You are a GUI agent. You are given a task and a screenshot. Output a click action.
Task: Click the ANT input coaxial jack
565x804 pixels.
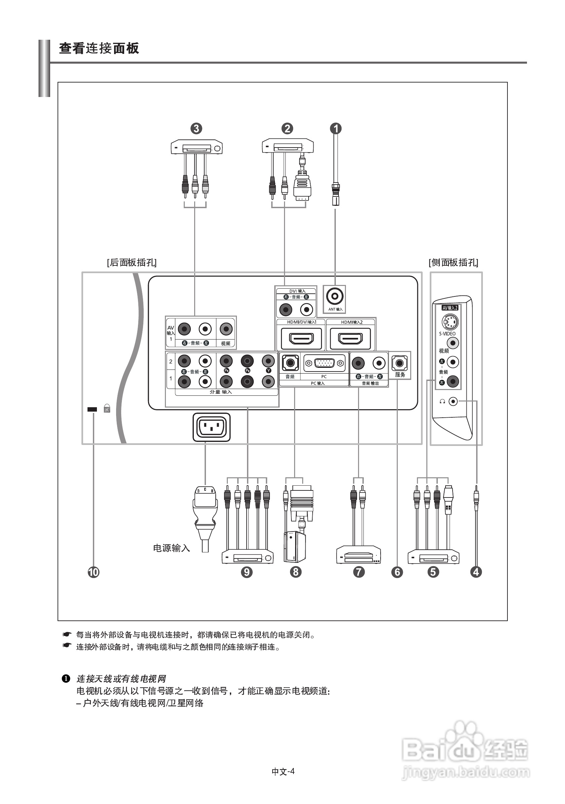(334, 297)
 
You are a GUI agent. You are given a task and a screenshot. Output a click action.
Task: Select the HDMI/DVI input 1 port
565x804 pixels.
(301, 339)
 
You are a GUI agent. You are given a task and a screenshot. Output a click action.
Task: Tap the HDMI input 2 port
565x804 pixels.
(350, 339)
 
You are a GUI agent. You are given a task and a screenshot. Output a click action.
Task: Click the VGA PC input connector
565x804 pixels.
(324, 363)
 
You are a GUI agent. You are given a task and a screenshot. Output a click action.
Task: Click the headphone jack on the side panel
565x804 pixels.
(453, 401)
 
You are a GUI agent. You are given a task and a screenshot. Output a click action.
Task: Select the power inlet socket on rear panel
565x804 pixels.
(211, 427)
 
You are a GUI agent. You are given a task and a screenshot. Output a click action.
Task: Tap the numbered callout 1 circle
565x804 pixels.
(336, 129)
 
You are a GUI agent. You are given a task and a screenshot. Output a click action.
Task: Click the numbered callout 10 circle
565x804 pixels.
(94, 572)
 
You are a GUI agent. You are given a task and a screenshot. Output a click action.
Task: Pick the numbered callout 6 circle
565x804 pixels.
(397, 572)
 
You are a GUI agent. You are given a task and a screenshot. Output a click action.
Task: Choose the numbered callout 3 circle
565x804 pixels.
(196, 129)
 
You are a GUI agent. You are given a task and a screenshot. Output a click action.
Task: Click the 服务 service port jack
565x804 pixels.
(399, 363)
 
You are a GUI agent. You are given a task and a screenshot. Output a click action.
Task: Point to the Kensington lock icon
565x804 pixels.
(107, 409)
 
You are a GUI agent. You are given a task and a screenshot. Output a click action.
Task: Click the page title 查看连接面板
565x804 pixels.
(99, 48)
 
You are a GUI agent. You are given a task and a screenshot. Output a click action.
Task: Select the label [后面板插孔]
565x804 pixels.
(132, 263)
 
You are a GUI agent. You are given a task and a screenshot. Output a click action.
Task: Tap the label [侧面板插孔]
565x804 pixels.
(453, 263)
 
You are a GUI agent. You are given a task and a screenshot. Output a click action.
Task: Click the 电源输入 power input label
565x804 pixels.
(171, 548)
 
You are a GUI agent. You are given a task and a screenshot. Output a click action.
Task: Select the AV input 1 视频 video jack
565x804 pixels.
(226, 329)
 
